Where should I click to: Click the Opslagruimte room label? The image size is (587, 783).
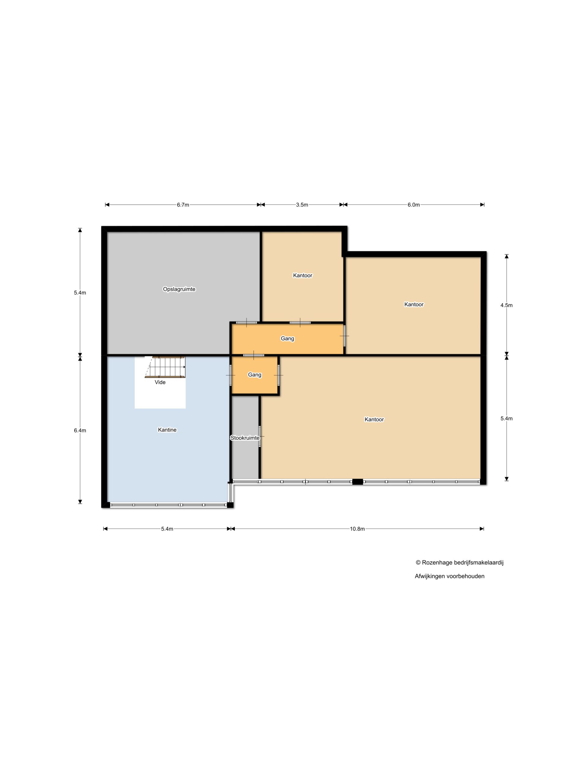pos(179,289)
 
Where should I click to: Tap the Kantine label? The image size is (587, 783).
pos(167,430)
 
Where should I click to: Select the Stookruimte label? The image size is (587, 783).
pos(245,438)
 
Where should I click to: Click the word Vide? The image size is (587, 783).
pos(160,382)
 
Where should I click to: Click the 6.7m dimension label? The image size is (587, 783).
pos(183,205)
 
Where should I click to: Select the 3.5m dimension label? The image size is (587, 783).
pos(302,205)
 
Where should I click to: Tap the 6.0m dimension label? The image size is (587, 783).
pos(413,205)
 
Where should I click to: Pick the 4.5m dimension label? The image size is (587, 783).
pos(506,305)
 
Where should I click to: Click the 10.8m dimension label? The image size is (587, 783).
pos(357,529)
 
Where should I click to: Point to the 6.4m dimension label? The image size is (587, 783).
pos(80,430)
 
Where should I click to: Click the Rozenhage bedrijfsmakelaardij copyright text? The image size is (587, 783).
pos(459,562)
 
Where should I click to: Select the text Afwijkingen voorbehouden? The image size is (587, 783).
pos(449,576)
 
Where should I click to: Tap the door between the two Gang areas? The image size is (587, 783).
pos(254,355)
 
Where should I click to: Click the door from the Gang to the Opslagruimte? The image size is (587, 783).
pos(247,322)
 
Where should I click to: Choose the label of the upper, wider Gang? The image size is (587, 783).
pos(287,338)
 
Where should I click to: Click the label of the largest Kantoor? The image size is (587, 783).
pos(374,419)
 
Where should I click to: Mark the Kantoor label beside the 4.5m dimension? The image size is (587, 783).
pos(414,304)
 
